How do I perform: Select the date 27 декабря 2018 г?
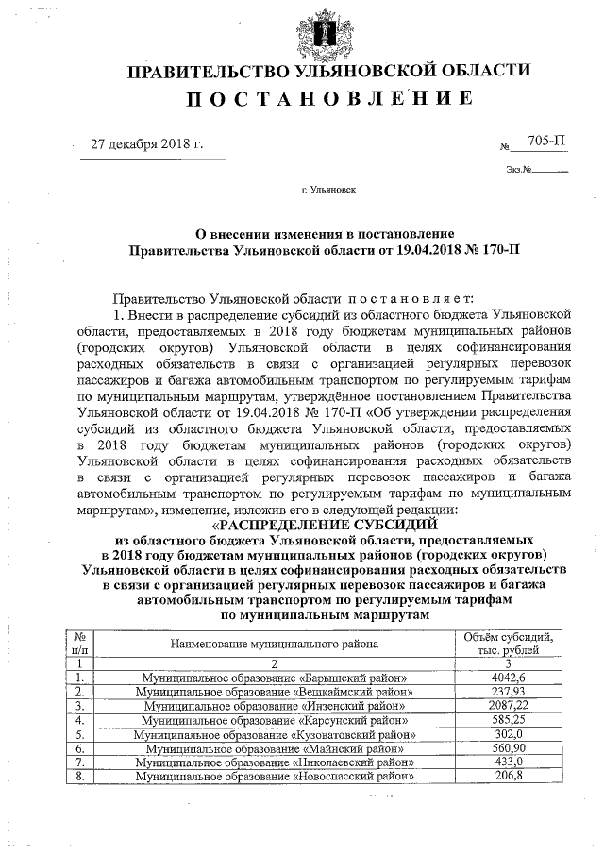[146, 144]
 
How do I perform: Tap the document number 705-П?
[546, 142]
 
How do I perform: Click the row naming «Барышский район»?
[275, 677]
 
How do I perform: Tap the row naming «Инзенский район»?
[275, 705]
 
